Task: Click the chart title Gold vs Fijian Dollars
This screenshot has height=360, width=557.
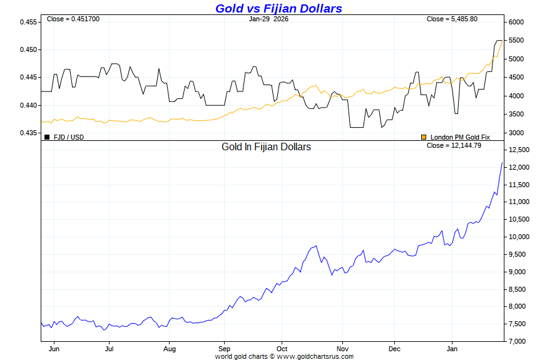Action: tap(278, 8)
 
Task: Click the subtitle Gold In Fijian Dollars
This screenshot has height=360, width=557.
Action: tap(266, 147)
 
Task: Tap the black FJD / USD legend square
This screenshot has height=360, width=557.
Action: tap(47, 136)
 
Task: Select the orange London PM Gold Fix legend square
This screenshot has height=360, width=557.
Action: tap(424, 136)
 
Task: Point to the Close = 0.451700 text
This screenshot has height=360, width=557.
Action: tap(73, 19)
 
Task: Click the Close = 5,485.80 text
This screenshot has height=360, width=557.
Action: tap(452, 19)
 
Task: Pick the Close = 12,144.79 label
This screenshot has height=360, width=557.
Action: tap(454, 145)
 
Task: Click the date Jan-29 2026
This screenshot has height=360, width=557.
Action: tap(268, 19)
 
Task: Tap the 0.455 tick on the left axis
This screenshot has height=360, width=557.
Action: tap(28, 22)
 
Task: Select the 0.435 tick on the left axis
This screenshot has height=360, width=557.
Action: tap(28, 133)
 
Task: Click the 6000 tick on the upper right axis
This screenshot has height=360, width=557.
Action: tap(516, 22)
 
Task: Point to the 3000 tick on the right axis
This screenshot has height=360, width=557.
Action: tap(516, 133)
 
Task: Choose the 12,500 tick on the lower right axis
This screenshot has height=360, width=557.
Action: tap(520, 150)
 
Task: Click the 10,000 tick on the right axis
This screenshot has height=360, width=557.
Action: tap(520, 237)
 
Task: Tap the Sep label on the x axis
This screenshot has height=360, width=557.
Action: tap(225, 349)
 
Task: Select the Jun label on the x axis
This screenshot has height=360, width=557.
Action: tap(54, 349)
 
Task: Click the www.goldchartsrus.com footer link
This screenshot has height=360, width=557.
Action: tap(315, 356)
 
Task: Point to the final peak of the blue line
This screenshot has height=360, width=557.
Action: tap(502, 163)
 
